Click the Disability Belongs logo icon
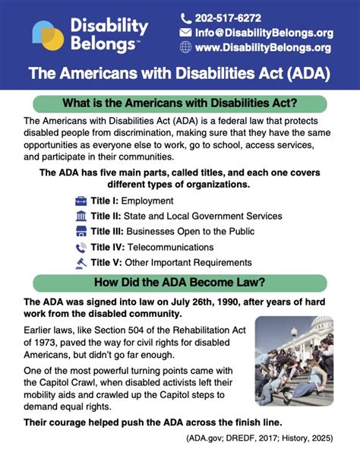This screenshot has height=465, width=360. (47, 35)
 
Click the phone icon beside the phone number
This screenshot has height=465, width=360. (186, 18)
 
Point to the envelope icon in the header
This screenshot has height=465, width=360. (186, 33)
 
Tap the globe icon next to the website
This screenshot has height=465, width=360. (186, 47)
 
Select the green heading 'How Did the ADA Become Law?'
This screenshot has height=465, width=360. (179, 283)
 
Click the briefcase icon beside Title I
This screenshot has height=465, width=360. (81, 201)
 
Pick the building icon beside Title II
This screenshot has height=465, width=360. (81, 217)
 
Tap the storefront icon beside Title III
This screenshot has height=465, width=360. (81, 232)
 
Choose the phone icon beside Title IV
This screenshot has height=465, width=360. (81, 247)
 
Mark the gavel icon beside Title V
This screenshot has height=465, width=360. (81, 263)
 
